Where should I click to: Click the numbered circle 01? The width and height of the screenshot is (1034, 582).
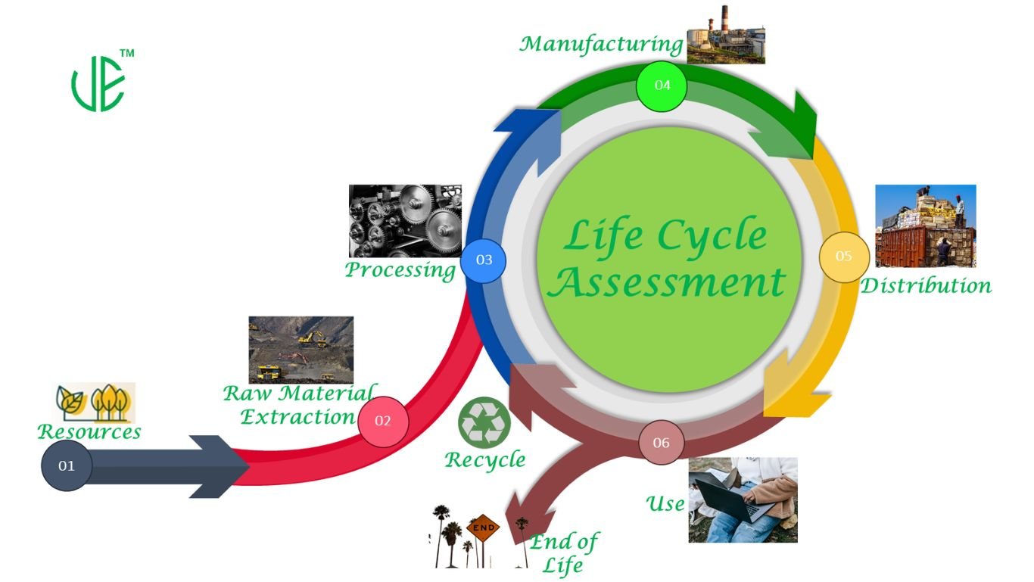click(67, 465)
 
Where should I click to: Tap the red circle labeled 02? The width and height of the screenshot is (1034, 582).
click(383, 421)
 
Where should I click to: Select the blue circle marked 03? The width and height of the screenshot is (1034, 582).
click(484, 260)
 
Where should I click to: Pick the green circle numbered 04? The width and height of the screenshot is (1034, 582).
click(662, 85)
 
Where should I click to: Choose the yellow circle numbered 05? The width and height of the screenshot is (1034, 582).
click(844, 257)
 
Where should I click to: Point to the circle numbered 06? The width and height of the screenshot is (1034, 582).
click(661, 443)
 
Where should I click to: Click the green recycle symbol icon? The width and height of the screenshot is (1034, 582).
click(484, 422)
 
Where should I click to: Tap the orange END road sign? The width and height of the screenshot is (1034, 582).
click(483, 528)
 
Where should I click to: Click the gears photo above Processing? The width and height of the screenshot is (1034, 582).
click(405, 220)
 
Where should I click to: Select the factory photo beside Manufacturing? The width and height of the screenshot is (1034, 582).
click(726, 35)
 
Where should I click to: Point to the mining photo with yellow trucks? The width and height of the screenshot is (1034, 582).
click(301, 350)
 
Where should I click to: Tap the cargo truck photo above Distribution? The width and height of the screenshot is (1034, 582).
click(925, 226)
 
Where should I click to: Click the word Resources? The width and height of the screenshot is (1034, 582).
click(89, 431)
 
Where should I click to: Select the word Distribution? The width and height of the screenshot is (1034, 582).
click(926, 285)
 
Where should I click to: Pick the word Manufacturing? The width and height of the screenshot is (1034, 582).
click(601, 44)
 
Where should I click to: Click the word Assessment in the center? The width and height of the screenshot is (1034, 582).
click(667, 282)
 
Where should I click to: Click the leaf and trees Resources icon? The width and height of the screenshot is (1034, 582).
click(95, 402)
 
